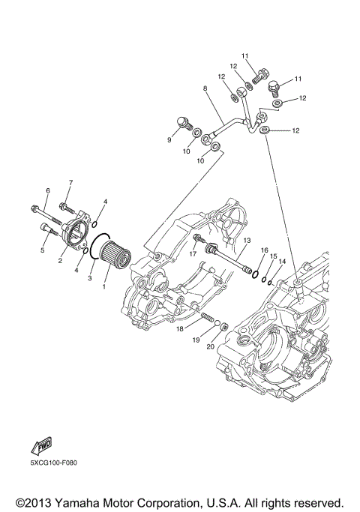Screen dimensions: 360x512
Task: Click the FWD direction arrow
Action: [41, 446]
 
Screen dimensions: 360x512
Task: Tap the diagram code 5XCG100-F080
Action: [54, 463]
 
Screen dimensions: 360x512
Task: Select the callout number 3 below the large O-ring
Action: [90, 278]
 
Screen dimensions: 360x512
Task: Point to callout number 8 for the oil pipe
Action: [205, 88]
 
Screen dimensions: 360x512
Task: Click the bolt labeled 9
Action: [185, 124]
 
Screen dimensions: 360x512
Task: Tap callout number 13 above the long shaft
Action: [247, 241]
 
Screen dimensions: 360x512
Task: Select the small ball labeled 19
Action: [217, 324]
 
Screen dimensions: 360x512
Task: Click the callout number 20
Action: [211, 346]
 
